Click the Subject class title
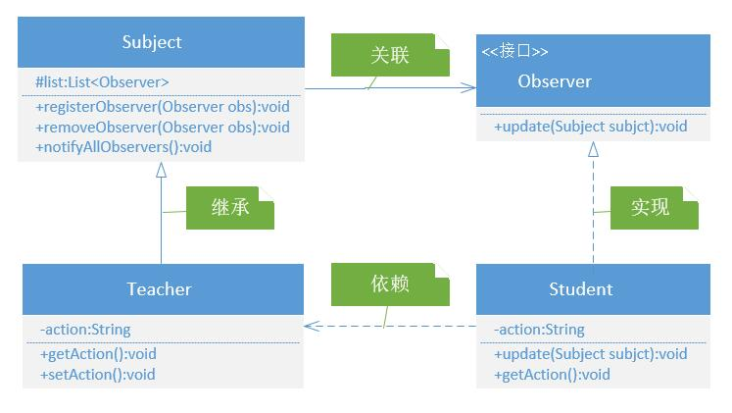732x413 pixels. click(152, 42)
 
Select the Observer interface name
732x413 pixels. click(555, 81)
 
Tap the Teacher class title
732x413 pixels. click(159, 289)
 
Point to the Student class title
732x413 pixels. click(581, 289)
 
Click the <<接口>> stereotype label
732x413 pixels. click(514, 51)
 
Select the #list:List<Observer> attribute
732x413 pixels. click(102, 82)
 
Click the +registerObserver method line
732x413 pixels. click(163, 107)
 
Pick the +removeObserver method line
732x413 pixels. click(163, 128)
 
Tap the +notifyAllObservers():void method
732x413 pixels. click(123, 147)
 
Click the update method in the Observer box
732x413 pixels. click(591, 127)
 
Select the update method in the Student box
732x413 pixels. click(591, 354)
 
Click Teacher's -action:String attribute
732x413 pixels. click(85, 330)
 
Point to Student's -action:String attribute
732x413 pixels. click(539, 330)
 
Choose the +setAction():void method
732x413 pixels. click(98, 375)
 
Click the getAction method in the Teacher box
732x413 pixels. click(98, 354)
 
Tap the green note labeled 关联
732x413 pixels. click(390, 55)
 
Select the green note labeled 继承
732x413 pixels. click(230, 208)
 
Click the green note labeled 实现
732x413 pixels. click(655, 208)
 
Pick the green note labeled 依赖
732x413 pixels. click(390, 284)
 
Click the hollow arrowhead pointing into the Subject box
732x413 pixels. click(161, 170)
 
